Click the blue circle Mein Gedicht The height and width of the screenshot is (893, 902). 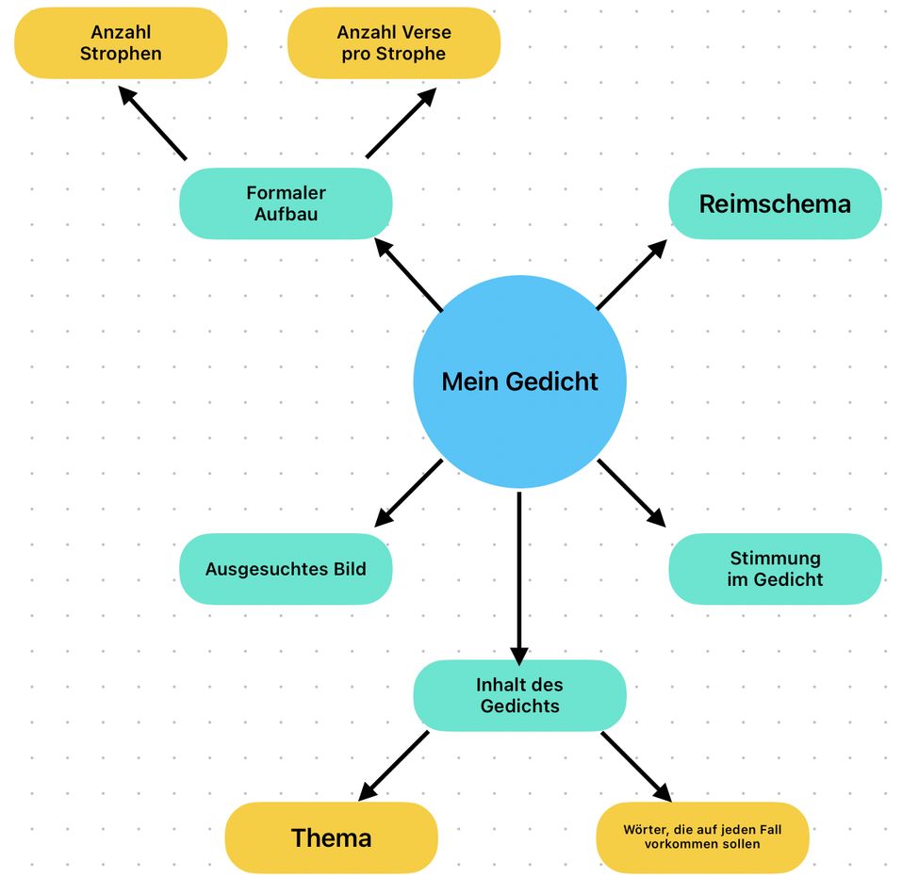(519, 382)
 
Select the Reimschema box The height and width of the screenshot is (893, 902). (775, 203)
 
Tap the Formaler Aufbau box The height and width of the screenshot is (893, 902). (286, 203)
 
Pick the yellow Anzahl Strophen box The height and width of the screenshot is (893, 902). (121, 43)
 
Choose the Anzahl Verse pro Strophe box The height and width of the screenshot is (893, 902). (394, 43)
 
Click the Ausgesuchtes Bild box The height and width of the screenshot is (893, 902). (286, 569)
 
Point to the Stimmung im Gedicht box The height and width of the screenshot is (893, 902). (775, 569)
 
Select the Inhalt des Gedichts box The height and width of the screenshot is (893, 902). (519, 695)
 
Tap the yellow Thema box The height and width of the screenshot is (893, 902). (332, 837)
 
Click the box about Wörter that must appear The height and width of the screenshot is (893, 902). (702, 837)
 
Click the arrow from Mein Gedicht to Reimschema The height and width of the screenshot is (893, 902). (631, 274)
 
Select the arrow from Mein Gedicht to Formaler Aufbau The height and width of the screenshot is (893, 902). (408, 274)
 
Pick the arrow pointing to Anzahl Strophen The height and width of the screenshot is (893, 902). (153, 122)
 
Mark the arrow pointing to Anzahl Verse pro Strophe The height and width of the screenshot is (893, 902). (401, 122)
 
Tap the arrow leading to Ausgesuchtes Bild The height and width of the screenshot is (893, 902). (408, 493)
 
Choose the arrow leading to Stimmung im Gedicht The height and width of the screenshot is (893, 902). (631, 493)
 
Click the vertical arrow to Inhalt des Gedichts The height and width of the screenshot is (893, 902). (519, 578)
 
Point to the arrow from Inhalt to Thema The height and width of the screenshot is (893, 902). (393, 765)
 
